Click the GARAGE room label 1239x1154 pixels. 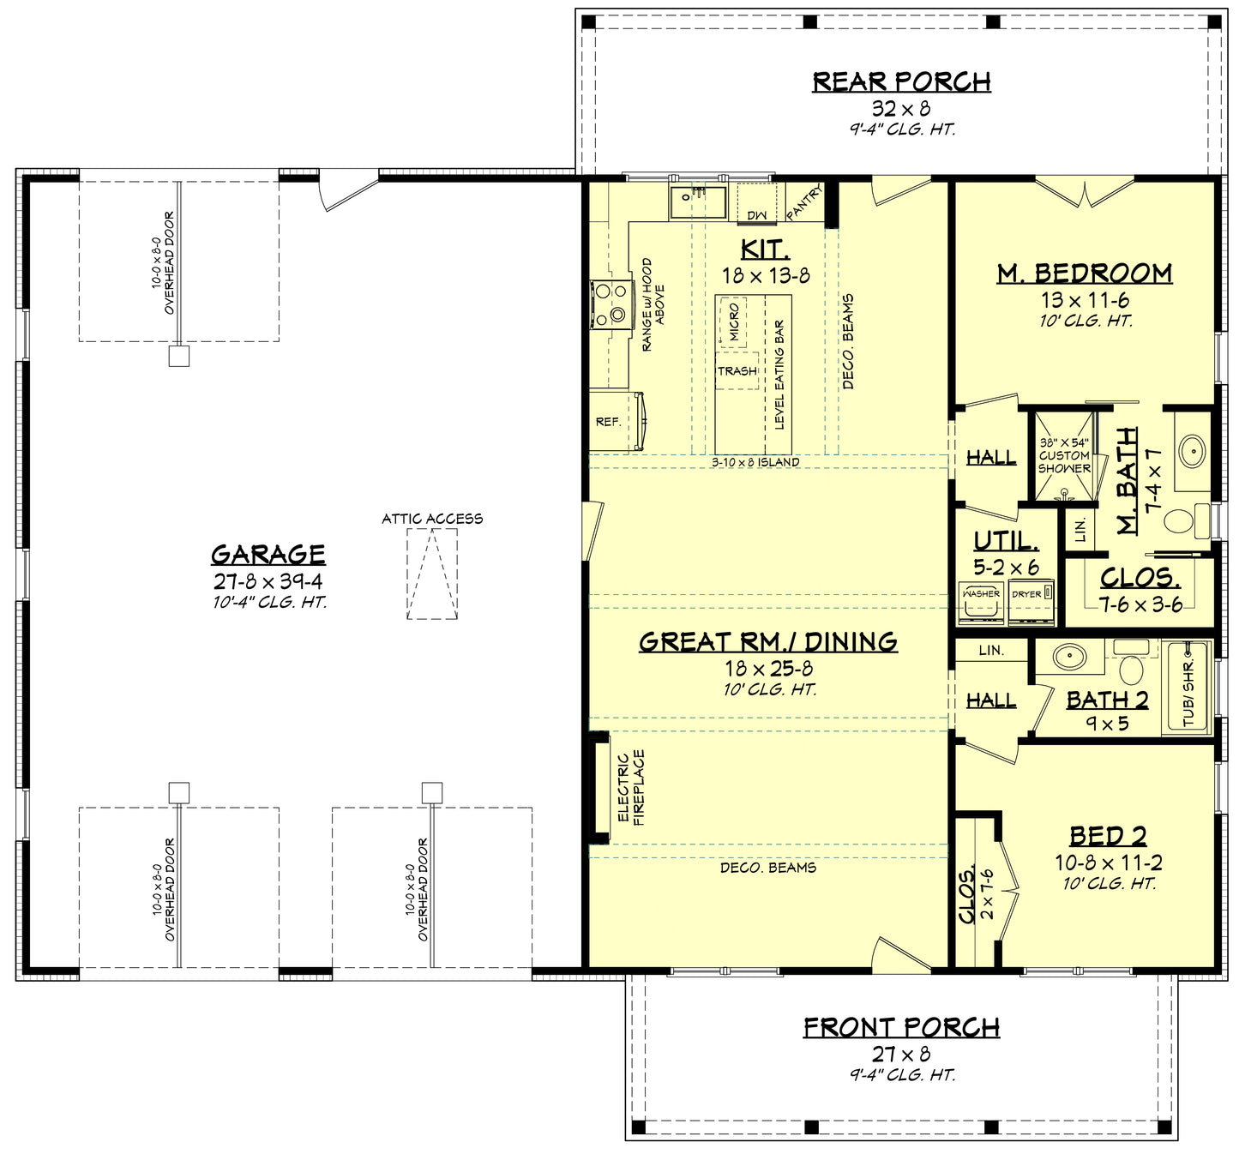tap(268, 555)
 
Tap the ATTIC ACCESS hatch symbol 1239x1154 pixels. tap(432, 574)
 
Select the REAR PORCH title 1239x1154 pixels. tap(901, 81)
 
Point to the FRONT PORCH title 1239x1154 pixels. tap(901, 1027)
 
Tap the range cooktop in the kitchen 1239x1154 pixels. tap(610, 306)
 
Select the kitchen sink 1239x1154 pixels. tap(697, 202)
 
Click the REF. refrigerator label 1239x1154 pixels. tap(608, 422)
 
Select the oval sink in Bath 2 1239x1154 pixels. tap(1068, 657)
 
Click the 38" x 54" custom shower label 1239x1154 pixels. tap(1064, 455)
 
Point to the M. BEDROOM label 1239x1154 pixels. tap(1085, 273)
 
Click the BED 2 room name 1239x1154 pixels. tap(1107, 836)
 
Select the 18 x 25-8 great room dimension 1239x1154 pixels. tap(768, 669)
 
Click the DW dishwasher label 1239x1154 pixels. tap(755, 215)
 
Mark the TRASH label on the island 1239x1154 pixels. tap(737, 371)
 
